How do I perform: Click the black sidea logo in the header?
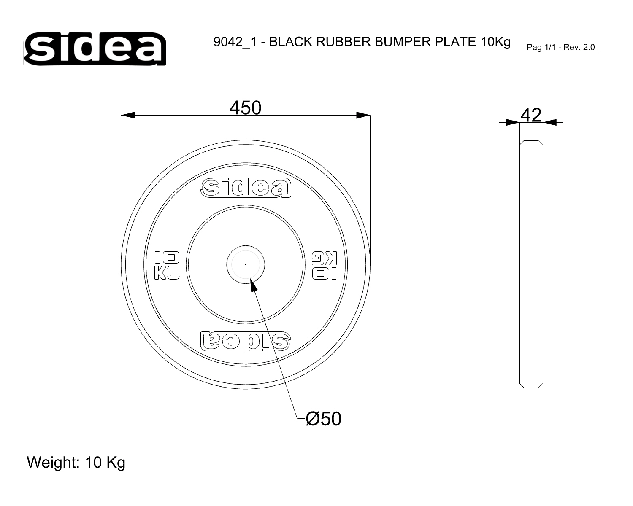tap(95, 48)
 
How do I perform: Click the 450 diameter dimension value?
tap(245, 108)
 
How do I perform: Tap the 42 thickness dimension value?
tap(531, 115)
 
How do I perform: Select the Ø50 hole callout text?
tap(323, 419)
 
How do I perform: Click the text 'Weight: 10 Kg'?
tap(76, 462)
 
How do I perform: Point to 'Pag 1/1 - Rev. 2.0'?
tap(561, 47)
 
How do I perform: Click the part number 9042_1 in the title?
tap(235, 42)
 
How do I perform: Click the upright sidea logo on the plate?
tap(246, 188)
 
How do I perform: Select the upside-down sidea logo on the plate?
tap(246, 341)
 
